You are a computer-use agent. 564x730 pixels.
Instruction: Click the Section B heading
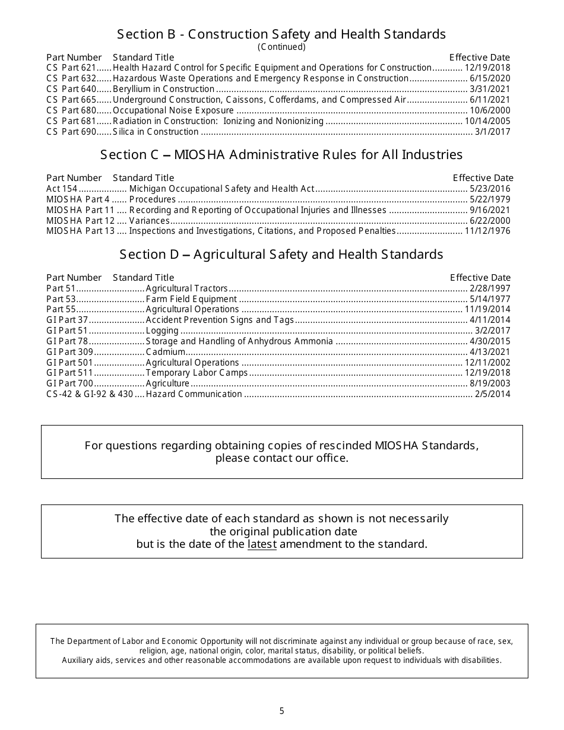pyautogui.click(x=281, y=34)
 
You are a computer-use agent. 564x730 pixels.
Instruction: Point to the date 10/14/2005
pyautogui.click(x=487, y=121)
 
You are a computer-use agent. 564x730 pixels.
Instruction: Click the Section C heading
pyautogui.click(x=281, y=155)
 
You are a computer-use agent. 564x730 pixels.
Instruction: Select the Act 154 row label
pyautogui.click(x=62, y=189)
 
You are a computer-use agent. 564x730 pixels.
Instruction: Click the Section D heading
pyautogui.click(x=281, y=255)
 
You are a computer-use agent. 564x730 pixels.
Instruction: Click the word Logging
pyautogui.click(x=162, y=331)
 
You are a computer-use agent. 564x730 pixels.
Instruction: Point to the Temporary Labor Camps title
pyautogui.click(x=197, y=373)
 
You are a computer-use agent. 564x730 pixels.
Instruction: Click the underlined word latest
pyautogui.click(x=262, y=544)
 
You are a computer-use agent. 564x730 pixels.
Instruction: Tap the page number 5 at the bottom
pyautogui.click(x=282, y=711)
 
